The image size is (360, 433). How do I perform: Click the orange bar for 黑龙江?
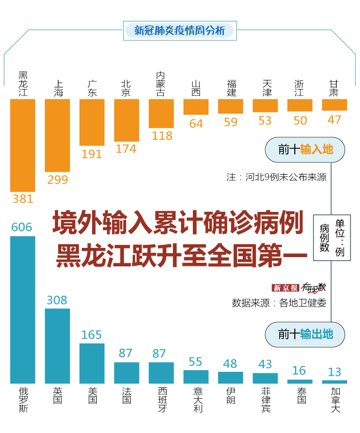23,145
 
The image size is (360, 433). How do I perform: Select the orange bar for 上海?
57,135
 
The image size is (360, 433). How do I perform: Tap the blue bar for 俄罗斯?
23,310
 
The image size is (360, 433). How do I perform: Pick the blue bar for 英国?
57,346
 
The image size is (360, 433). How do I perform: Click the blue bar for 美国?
92,363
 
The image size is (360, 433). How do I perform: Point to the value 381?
23,199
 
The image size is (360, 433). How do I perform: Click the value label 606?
22,227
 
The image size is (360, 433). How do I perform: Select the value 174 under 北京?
126,149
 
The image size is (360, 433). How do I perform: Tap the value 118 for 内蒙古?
161,136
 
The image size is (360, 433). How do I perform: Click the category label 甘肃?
334,88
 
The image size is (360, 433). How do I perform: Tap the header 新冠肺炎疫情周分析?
179,30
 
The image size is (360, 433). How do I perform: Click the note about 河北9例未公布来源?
276,177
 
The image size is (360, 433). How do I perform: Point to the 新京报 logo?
285,287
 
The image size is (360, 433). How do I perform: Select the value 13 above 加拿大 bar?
334,372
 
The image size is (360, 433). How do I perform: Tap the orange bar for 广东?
92,122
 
